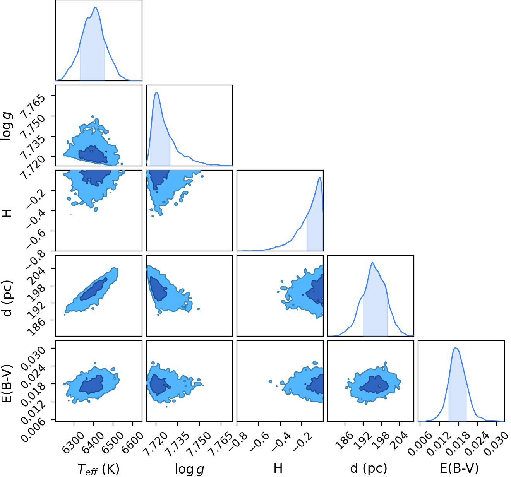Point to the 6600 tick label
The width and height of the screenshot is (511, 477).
[132, 440]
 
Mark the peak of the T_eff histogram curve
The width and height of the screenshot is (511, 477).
[96, 7]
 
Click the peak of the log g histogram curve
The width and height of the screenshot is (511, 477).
[156, 92]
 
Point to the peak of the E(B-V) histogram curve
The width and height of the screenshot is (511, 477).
[455, 348]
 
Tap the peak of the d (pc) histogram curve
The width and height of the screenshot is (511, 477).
[372, 263]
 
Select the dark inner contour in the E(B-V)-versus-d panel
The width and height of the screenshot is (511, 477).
[374, 385]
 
